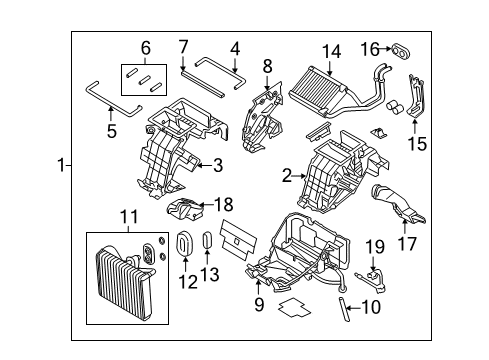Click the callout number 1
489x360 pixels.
tap(61, 166)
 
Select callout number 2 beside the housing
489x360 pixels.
tap(287, 176)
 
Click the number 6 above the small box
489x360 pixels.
tap(146, 47)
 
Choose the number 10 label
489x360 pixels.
tap(371, 308)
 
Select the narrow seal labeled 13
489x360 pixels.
tap(207, 245)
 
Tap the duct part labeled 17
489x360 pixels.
tap(403, 209)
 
